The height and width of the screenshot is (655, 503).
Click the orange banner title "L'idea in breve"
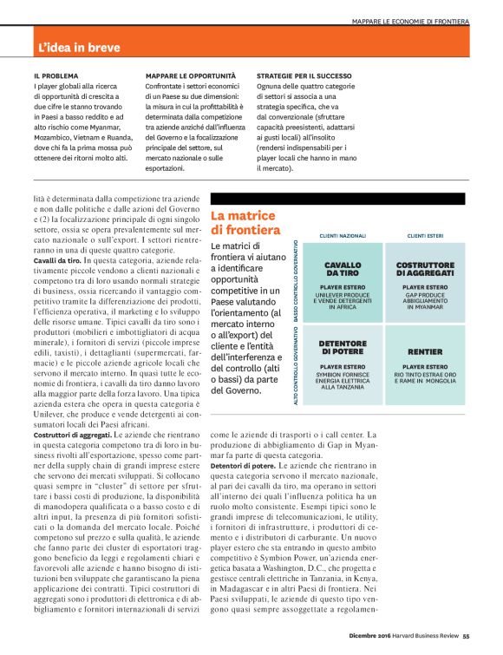[x=79, y=48]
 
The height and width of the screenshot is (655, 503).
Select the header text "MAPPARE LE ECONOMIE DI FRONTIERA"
[x=410, y=20]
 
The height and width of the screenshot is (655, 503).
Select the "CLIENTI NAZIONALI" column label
[x=343, y=236]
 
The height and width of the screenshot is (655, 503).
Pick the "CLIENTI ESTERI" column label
[x=425, y=236]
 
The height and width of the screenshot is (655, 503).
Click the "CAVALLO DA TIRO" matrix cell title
[x=343, y=269]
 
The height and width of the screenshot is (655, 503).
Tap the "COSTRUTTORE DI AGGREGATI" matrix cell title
[x=425, y=269]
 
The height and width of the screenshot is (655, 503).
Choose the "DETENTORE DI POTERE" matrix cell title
[x=343, y=347]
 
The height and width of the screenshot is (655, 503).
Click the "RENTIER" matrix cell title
[x=425, y=352]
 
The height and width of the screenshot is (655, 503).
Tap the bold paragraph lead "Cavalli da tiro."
[x=56, y=260]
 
